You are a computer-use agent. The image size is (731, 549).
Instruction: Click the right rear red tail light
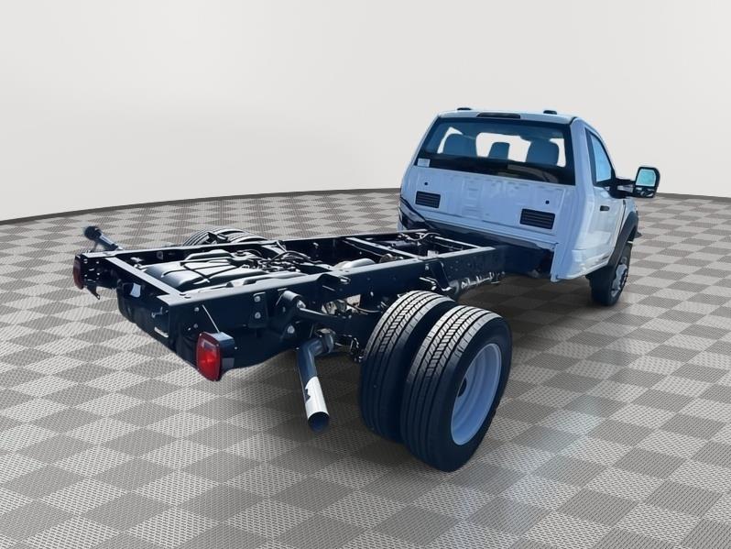[x=210, y=356]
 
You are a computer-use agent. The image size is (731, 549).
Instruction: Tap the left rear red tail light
[x=79, y=272]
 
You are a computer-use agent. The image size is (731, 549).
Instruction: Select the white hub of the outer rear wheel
[x=476, y=393]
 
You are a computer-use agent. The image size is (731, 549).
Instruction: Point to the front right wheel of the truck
[x=611, y=276]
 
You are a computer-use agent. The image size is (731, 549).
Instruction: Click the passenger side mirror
[x=645, y=181]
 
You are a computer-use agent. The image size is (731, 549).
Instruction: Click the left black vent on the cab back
[x=427, y=199]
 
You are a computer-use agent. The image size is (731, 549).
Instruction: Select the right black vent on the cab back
[x=538, y=218]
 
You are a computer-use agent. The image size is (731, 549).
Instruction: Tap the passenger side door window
[x=600, y=161]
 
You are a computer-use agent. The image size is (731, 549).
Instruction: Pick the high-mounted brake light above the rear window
[x=498, y=115]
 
